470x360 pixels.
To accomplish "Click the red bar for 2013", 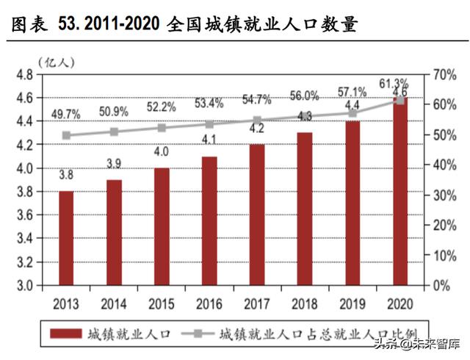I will coord(66,237).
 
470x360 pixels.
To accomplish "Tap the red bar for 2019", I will coord(352,203).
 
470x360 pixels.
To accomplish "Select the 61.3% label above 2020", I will coord(400,82).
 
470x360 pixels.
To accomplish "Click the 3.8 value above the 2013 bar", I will coord(66,176).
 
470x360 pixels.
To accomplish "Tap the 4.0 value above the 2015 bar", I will coord(162,152).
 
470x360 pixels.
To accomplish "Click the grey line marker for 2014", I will coord(114,132).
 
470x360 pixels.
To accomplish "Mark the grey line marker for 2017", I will coord(257,120).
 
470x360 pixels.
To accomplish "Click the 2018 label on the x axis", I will coord(305,303).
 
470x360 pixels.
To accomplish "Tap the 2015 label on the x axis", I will coord(162,303).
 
